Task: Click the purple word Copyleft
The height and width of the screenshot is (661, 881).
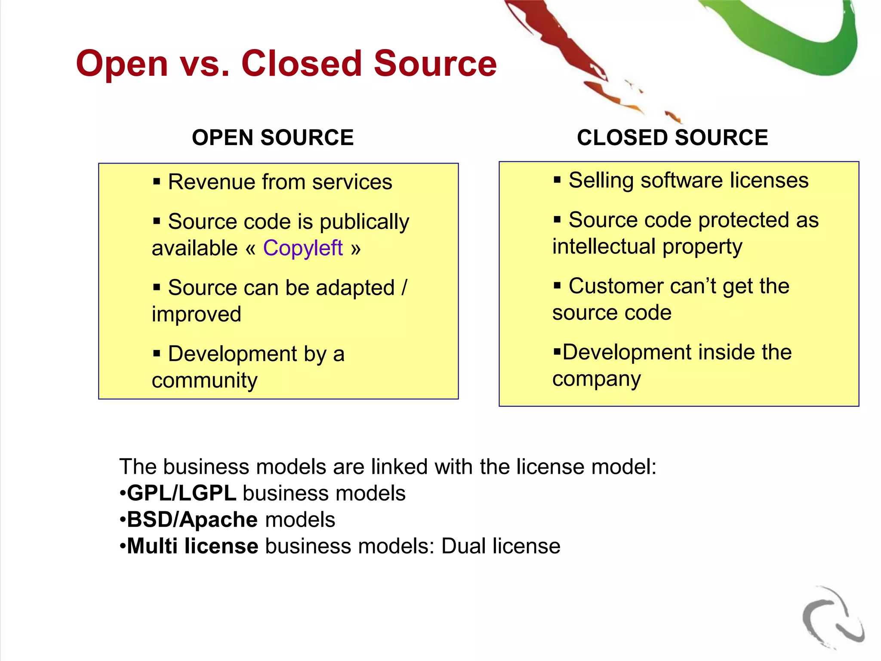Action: coord(303,248)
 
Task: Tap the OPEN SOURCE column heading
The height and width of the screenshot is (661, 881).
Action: coord(273,138)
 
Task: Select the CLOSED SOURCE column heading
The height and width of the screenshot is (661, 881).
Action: coord(672,138)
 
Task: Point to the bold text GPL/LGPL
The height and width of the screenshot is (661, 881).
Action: coord(182,493)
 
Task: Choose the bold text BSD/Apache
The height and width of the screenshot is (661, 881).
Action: coord(192,520)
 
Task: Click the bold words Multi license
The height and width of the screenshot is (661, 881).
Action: coord(193,546)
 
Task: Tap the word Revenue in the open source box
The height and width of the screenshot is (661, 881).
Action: coord(211,182)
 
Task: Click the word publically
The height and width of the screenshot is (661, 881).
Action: coord(364,222)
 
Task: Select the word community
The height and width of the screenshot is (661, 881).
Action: coord(204,380)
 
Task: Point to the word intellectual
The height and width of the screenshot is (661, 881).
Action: coord(604,247)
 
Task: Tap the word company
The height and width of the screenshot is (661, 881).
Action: coord(597,379)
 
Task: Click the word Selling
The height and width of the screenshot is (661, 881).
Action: coord(601,180)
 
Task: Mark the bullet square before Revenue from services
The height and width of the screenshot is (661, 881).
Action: coord(157,182)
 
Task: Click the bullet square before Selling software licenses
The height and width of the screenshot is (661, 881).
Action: coord(557,180)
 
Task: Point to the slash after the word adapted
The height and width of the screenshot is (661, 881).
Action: coord(404,287)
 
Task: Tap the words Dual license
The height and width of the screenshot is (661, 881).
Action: coord(501,546)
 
